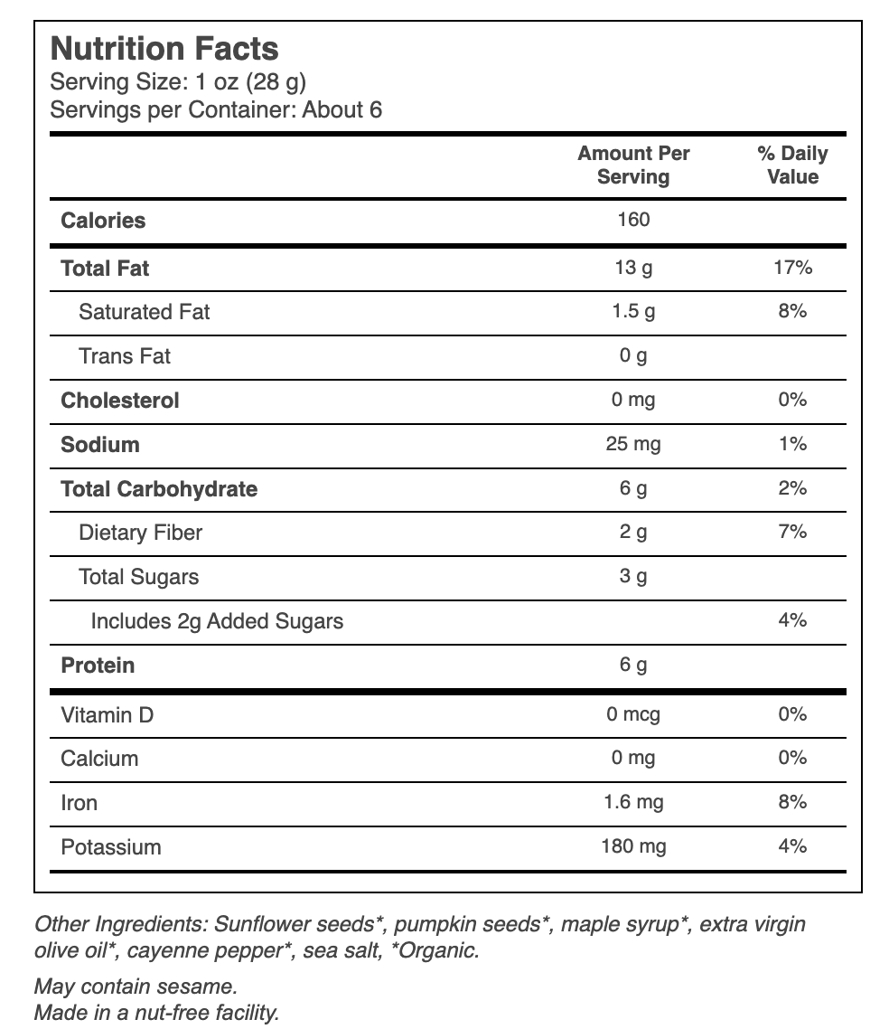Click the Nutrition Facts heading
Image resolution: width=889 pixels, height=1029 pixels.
(164, 49)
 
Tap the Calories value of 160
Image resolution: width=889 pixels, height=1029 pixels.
(633, 219)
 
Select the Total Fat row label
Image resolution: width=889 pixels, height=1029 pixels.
(105, 269)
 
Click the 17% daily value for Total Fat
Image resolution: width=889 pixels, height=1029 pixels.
(792, 267)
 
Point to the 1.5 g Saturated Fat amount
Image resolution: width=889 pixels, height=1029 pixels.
(633, 311)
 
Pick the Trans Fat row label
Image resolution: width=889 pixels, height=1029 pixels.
(125, 355)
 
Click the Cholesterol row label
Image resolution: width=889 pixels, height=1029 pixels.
(120, 401)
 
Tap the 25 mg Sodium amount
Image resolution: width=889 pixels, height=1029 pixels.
(633, 444)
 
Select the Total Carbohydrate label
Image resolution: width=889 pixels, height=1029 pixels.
(159, 489)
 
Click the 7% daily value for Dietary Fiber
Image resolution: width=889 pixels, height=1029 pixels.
(792, 532)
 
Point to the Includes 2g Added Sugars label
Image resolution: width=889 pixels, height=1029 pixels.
(217, 621)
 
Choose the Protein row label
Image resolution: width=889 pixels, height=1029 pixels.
(98, 666)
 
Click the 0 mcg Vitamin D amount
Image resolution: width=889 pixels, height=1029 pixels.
(633, 714)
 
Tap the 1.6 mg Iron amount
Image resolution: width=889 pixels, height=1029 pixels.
(633, 802)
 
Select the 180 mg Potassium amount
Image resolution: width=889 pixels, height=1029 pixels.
(633, 846)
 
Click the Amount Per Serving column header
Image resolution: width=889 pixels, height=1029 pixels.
(633, 165)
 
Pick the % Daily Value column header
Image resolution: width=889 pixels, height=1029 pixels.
(792, 165)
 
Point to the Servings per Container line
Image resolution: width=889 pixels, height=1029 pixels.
(216, 109)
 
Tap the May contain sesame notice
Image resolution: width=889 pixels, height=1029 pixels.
(136, 987)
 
